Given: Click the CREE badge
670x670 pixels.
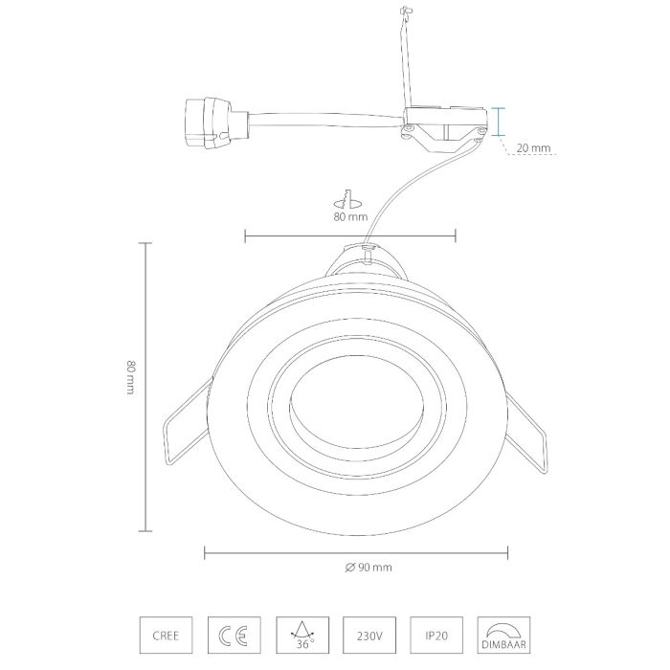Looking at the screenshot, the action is [x=166, y=635].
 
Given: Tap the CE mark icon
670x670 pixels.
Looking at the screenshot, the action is [x=234, y=635].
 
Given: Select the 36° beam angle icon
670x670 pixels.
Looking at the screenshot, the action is [x=302, y=635].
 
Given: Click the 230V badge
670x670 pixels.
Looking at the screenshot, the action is [x=369, y=635].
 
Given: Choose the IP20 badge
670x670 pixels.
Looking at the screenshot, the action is [x=436, y=635].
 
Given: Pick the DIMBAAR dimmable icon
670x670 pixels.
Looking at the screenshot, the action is [x=503, y=635].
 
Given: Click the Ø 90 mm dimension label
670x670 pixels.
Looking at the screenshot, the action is [x=368, y=568].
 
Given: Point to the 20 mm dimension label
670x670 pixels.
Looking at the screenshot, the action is [x=533, y=147].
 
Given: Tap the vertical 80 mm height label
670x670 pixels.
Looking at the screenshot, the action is [x=131, y=378].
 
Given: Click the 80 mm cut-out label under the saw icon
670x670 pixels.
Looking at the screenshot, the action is [x=350, y=216].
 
